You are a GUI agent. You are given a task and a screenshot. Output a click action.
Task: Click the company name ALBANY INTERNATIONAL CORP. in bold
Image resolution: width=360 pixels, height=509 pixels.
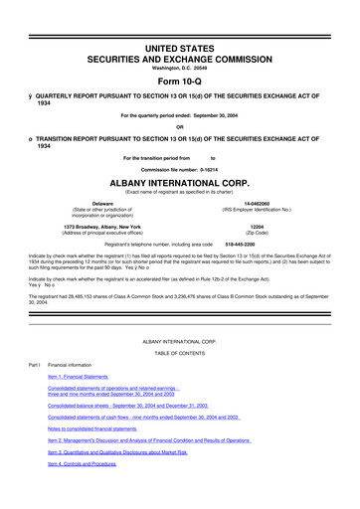point(179,183)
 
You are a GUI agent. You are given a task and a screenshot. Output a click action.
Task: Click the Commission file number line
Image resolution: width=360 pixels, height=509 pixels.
point(179,168)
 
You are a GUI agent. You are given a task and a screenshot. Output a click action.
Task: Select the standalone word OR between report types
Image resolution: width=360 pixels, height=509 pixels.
point(179,126)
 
